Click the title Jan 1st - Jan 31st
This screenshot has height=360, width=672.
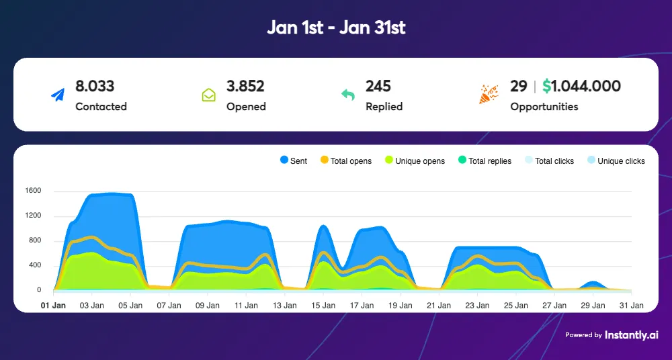pos(336,28)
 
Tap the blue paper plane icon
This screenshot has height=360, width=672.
pos(57,95)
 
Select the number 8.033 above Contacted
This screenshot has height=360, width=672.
pos(95,86)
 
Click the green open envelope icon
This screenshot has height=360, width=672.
pos(208,95)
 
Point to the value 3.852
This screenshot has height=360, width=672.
pos(245,86)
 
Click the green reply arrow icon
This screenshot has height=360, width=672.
pos(347,95)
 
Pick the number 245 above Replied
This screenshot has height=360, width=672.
pos(378,86)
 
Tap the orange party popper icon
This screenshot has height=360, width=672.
pos(489,95)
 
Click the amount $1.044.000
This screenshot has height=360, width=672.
pos(581,86)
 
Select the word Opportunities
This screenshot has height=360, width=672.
pos(544,107)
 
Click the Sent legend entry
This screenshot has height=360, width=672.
pos(293,161)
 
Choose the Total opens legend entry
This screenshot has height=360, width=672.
pos(345,161)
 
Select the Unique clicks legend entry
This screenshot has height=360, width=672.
pos(616,161)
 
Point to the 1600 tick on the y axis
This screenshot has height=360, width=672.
pos(33,191)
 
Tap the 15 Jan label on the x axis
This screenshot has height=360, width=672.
pos(324,306)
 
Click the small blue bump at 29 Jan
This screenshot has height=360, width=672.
pos(593,285)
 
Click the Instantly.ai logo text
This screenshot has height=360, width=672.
pos(632,334)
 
